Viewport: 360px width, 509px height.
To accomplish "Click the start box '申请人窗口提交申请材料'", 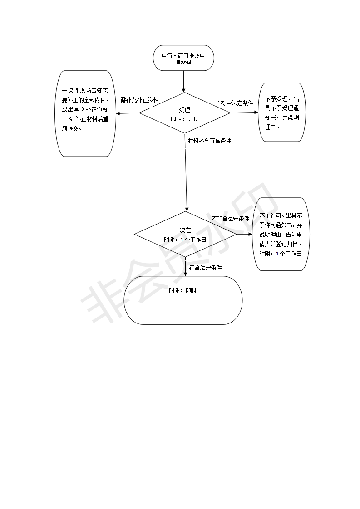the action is click(183, 58).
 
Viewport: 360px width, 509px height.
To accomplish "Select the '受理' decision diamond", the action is click(185, 113).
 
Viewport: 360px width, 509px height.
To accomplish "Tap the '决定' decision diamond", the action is click(186, 234).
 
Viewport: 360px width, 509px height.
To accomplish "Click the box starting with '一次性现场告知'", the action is click(85, 113).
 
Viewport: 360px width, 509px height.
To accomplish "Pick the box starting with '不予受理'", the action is click(282, 113).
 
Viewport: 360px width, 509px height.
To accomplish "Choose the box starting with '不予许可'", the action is click(281, 234).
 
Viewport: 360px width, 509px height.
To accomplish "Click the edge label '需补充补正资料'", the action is click(140, 100).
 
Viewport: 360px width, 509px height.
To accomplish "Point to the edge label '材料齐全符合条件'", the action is click(210, 141).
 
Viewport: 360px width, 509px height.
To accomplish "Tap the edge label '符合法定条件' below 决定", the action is click(205, 268).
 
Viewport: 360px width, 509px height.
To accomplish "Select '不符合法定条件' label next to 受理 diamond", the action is click(234, 103).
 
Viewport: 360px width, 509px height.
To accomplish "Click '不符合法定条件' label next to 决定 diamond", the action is click(230, 219).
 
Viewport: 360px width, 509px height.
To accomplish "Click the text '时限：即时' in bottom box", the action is click(182, 290).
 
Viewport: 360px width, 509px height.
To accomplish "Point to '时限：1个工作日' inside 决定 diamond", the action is click(185, 240).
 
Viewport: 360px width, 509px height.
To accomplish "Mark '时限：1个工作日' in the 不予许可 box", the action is click(281, 254).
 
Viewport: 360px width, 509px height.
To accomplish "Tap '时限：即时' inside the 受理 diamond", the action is click(185, 119).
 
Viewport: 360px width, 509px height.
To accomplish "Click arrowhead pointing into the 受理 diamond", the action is click(183, 90).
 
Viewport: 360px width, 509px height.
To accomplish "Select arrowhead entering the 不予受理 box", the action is click(256, 113).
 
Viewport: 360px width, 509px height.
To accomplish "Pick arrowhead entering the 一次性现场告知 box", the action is click(118, 113).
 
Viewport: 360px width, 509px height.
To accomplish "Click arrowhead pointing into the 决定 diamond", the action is click(187, 209).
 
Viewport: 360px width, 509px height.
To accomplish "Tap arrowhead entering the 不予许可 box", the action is click(250, 234).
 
